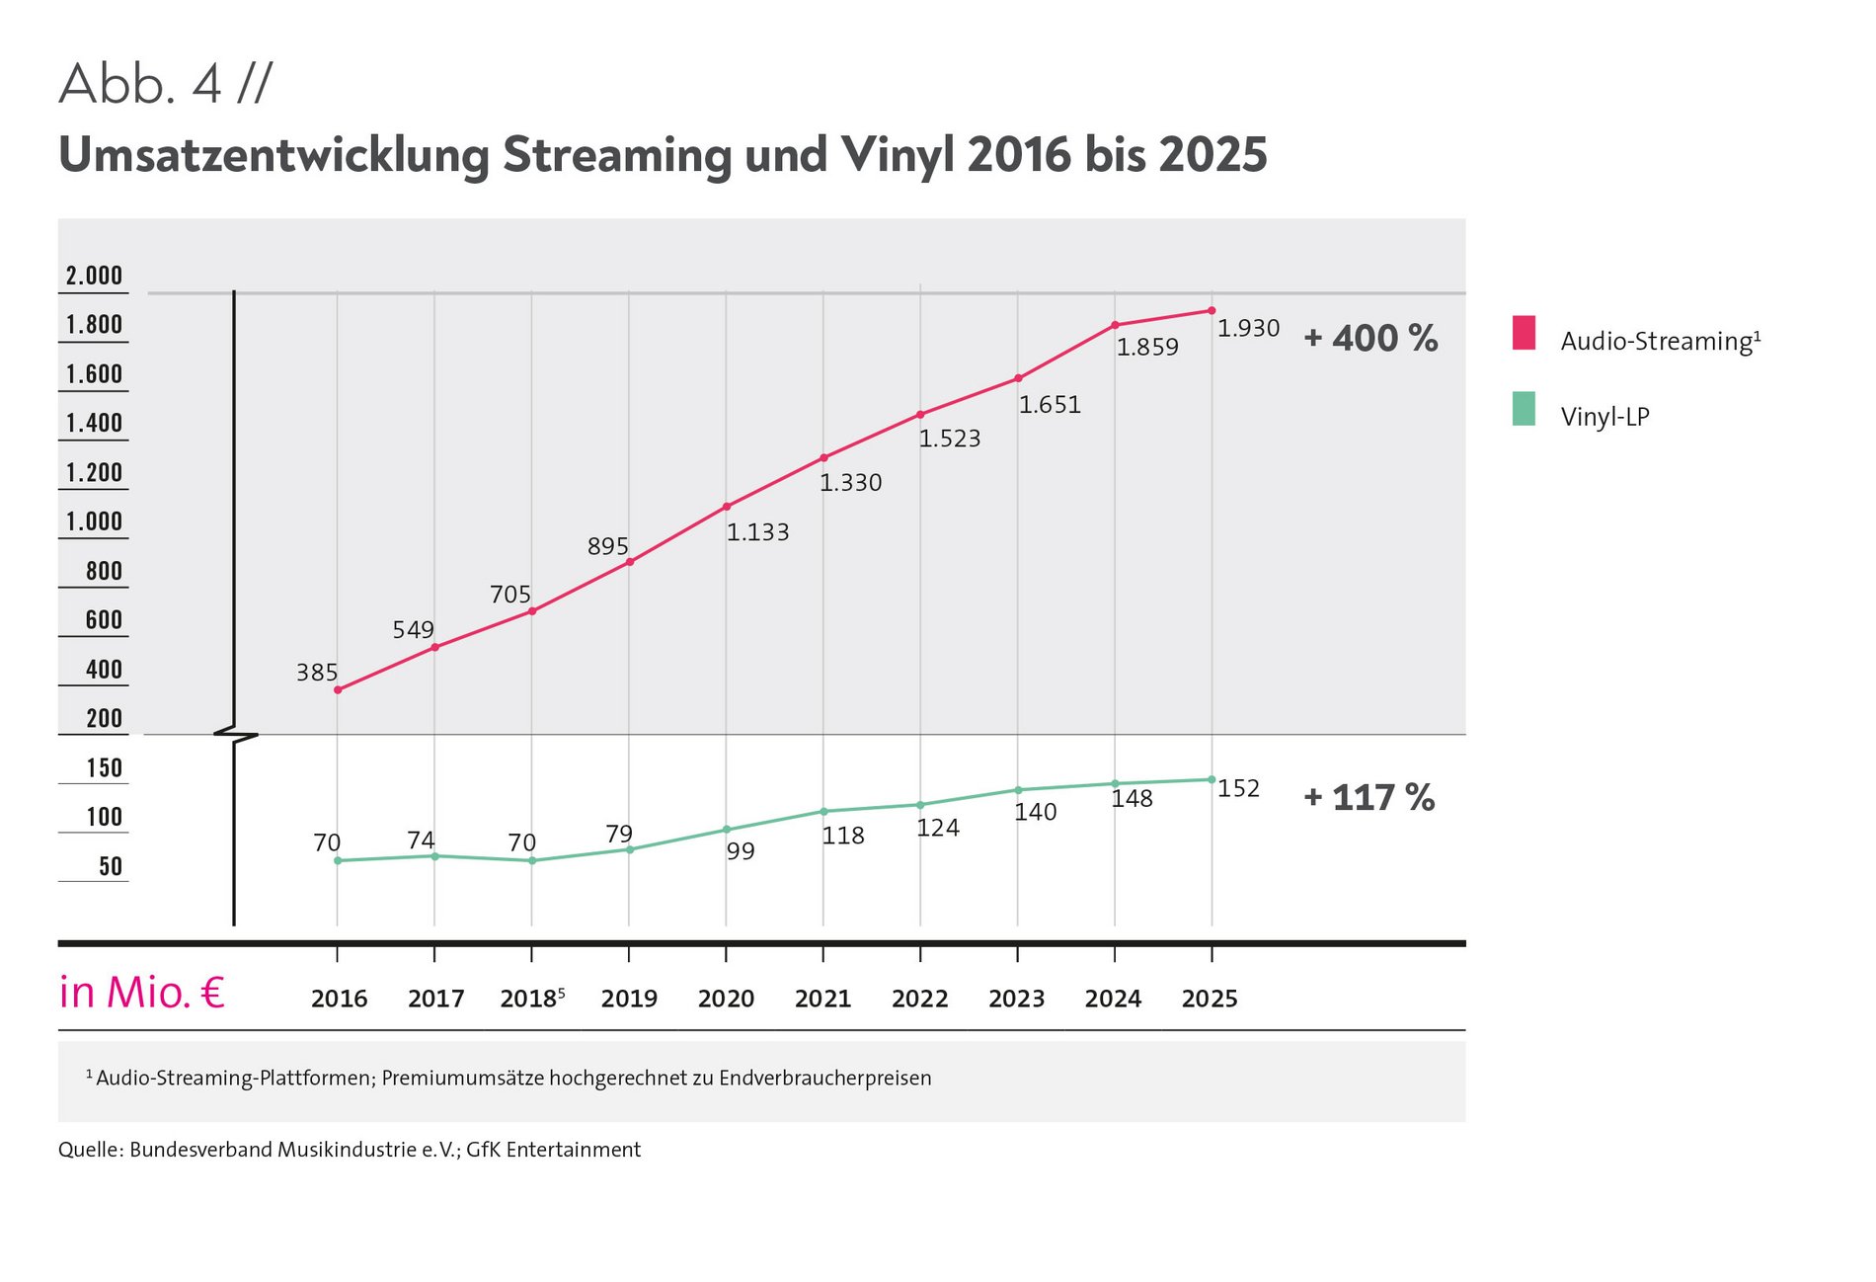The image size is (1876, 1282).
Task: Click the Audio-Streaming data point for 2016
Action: pyautogui.click(x=338, y=690)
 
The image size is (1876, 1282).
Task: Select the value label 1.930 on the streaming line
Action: pyautogui.click(x=1248, y=328)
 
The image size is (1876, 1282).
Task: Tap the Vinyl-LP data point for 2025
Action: pyautogui.click(x=1212, y=780)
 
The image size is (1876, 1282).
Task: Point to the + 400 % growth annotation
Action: pyautogui.click(x=1370, y=339)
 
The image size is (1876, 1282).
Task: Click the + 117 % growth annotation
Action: pyautogui.click(x=1368, y=798)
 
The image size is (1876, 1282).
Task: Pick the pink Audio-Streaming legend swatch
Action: pyautogui.click(x=1524, y=333)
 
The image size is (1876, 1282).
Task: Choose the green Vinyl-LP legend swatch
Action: pyautogui.click(x=1524, y=409)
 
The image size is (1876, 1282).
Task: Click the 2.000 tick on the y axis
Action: pyautogui.click(x=94, y=276)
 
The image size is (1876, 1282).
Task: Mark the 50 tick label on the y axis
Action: pyautogui.click(x=111, y=867)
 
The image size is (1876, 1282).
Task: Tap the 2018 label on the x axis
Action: pyautogui.click(x=527, y=999)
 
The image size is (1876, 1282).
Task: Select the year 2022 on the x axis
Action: pyautogui.click(x=919, y=999)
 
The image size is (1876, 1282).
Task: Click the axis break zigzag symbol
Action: pyautogui.click(x=235, y=735)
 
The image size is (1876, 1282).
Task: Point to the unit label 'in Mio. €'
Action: pyautogui.click(x=142, y=993)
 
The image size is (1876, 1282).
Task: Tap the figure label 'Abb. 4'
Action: pyautogui.click(x=139, y=84)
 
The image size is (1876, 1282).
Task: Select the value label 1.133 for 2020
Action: pyautogui.click(x=757, y=532)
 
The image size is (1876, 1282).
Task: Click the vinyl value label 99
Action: pyautogui.click(x=741, y=851)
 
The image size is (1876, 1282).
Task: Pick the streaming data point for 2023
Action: pyautogui.click(x=1018, y=378)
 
